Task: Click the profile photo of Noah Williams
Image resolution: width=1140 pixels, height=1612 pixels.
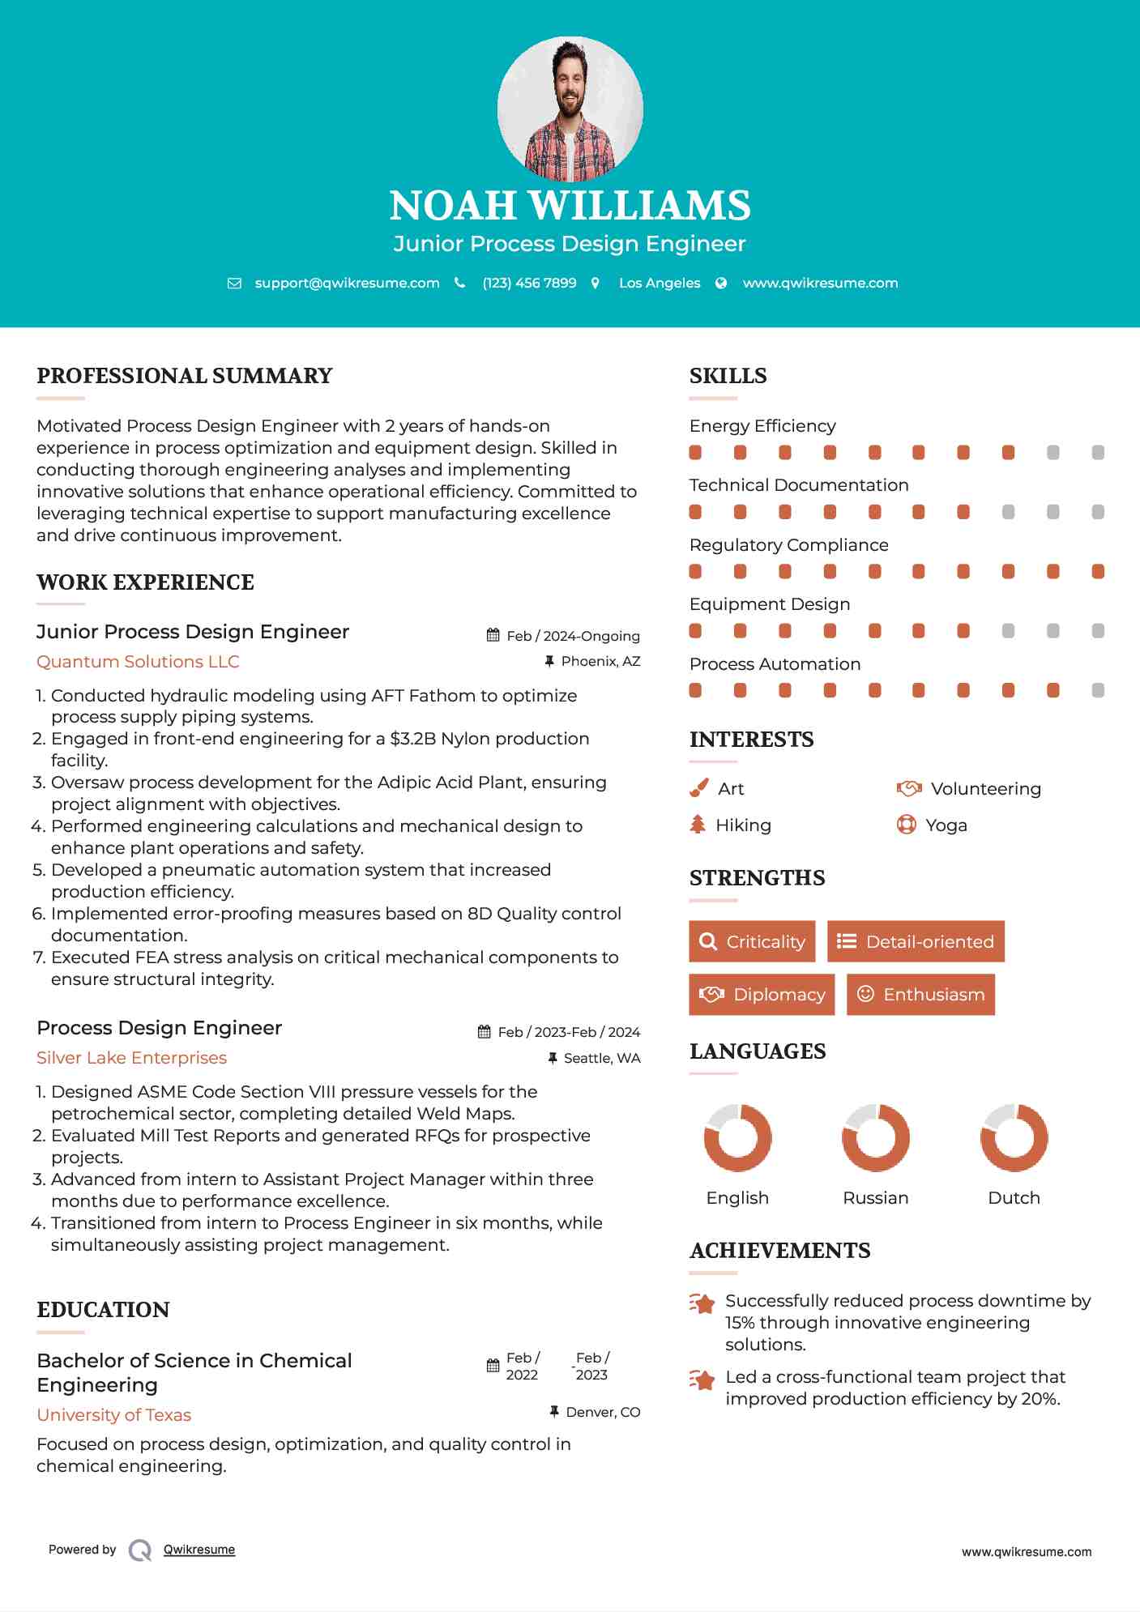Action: [x=570, y=109]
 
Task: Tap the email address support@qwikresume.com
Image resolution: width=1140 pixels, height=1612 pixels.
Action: [x=347, y=283]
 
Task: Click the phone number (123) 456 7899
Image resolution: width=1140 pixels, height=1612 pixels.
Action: [x=529, y=283]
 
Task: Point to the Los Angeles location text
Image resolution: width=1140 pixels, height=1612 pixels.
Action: [x=659, y=283]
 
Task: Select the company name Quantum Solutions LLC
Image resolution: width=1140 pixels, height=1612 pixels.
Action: [x=138, y=662]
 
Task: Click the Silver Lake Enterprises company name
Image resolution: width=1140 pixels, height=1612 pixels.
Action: [x=131, y=1058]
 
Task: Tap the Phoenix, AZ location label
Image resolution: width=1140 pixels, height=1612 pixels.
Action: [x=600, y=662]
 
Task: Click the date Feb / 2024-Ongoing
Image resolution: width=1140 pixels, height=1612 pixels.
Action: [x=573, y=636]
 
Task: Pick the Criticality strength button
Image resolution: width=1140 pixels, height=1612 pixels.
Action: [x=752, y=941]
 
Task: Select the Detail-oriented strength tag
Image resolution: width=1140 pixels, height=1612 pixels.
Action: [x=916, y=941]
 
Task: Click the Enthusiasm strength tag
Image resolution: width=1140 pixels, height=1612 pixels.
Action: [x=920, y=995]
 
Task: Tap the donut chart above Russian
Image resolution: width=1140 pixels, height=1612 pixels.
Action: [x=876, y=1137]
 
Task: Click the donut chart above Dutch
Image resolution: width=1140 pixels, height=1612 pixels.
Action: [x=1014, y=1137]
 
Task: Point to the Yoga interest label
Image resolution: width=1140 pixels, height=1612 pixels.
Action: [x=946, y=825]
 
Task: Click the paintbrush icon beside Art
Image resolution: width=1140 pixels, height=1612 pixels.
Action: [x=698, y=788]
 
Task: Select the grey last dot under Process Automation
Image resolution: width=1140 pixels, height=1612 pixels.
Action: [x=1098, y=690]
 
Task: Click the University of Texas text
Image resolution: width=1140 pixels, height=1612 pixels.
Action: [x=114, y=1415]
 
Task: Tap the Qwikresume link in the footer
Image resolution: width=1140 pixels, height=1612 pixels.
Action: [x=199, y=1550]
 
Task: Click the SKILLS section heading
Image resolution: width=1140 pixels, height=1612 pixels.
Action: [x=728, y=376]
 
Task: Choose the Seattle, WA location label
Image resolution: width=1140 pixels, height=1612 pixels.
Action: [x=601, y=1058]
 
